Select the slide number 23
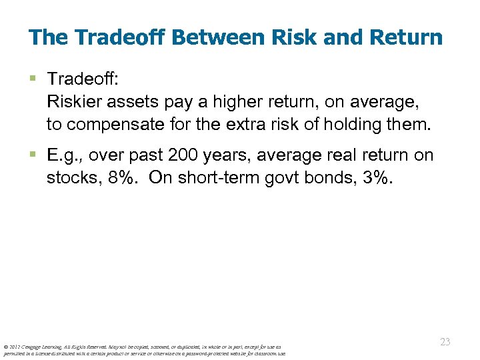pyautogui.click(x=445, y=342)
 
